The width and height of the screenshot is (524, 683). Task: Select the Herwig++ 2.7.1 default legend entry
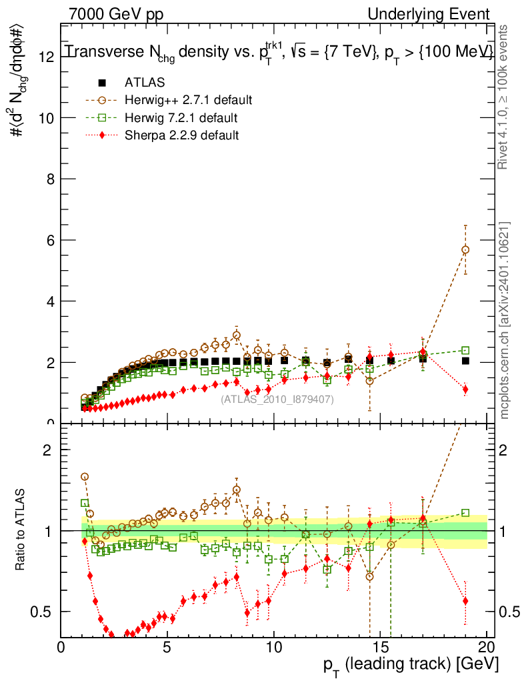(187, 101)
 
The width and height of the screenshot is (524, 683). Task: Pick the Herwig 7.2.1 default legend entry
(181, 118)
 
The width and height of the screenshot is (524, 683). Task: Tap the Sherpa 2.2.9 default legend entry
(181, 135)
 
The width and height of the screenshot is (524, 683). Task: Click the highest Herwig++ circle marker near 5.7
(465, 249)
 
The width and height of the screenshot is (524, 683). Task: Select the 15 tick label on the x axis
(380, 648)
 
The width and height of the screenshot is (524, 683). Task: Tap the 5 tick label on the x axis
(167, 648)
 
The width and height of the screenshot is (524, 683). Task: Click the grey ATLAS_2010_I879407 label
(277, 399)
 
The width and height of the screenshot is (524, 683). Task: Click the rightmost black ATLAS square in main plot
(465, 361)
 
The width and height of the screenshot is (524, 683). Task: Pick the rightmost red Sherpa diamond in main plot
(465, 389)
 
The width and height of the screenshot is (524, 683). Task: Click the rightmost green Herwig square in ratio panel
(465, 513)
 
